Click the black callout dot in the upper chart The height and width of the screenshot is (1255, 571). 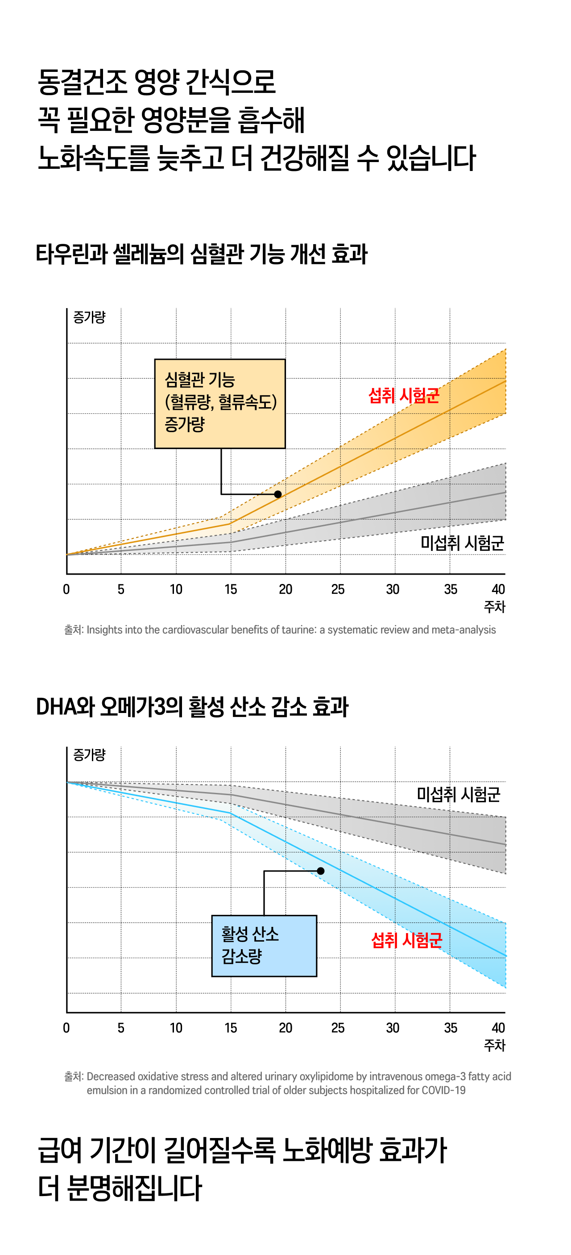click(x=278, y=494)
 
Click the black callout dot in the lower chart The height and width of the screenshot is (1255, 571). click(x=320, y=871)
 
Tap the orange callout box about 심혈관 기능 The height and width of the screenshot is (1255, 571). click(x=219, y=404)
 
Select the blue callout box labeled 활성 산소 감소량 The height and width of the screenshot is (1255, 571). click(x=264, y=946)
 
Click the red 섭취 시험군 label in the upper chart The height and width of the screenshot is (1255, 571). click(x=404, y=396)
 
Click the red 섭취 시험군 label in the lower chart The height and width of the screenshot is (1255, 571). click(x=406, y=940)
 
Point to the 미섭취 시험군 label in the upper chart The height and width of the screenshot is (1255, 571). click(x=462, y=543)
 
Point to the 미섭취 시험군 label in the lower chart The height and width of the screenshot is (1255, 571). click(x=458, y=794)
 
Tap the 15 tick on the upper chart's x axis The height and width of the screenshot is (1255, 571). click(x=231, y=589)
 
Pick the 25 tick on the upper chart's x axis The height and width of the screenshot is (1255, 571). click(x=338, y=589)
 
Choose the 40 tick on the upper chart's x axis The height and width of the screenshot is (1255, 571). click(x=498, y=589)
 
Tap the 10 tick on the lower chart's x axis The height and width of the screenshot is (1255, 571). click(x=176, y=1028)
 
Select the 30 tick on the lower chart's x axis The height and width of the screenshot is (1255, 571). click(x=393, y=1028)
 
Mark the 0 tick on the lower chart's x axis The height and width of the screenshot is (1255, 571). click(x=66, y=1028)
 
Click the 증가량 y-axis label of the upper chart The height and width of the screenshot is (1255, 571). click(x=89, y=317)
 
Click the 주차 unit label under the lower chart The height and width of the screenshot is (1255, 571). click(x=495, y=1045)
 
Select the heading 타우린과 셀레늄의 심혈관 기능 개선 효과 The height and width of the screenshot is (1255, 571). click(x=202, y=254)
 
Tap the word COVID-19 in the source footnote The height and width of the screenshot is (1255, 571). click(x=443, y=1090)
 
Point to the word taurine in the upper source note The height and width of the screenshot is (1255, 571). click(x=297, y=630)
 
